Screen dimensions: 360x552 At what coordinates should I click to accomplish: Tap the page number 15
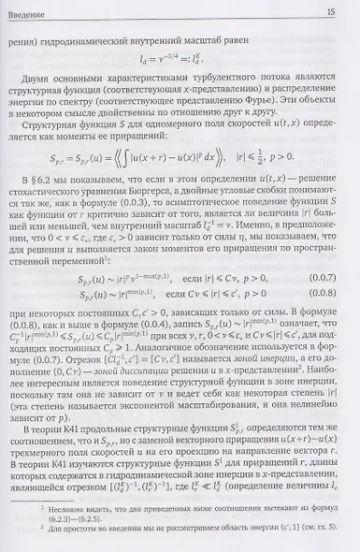tap(331, 11)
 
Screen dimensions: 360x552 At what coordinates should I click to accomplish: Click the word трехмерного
tap(48, 458)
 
